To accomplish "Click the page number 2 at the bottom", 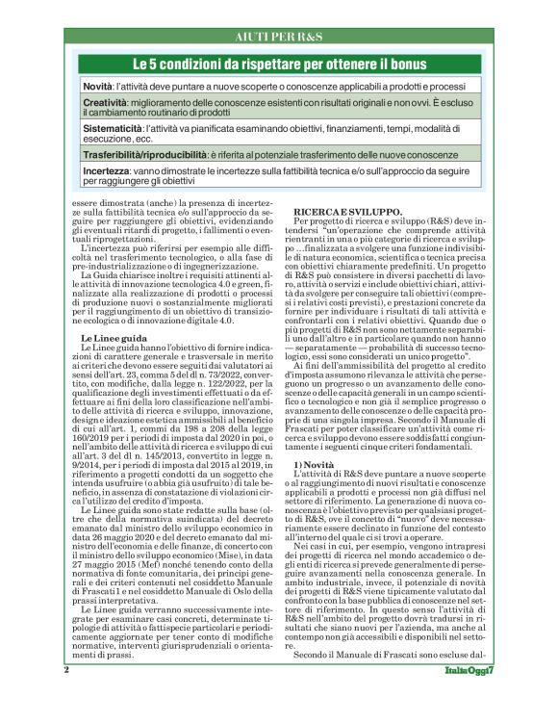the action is pos(67,696).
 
